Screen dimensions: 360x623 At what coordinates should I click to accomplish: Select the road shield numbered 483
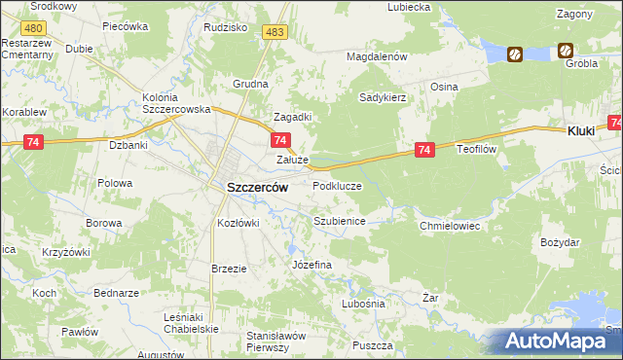pyautogui.click(x=275, y=32)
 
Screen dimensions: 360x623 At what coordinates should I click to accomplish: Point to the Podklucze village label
pyautogui.click(x=337, y=186)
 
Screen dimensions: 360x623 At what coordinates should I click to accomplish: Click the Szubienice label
pyautogui.click(x=339, y=221)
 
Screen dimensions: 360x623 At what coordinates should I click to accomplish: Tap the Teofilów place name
pyautogui.click(x=478, y=149)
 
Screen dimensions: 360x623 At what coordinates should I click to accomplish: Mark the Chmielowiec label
pyautogui.click(x=451, y=226)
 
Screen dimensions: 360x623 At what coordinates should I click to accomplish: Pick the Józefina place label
pyautogui.click(x=312, y=265)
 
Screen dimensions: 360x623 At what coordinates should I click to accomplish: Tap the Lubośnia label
pyautogui.click(x=364, y=304)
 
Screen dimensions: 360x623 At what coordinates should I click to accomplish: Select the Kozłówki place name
pyautogui.click(x=238, y=223)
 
